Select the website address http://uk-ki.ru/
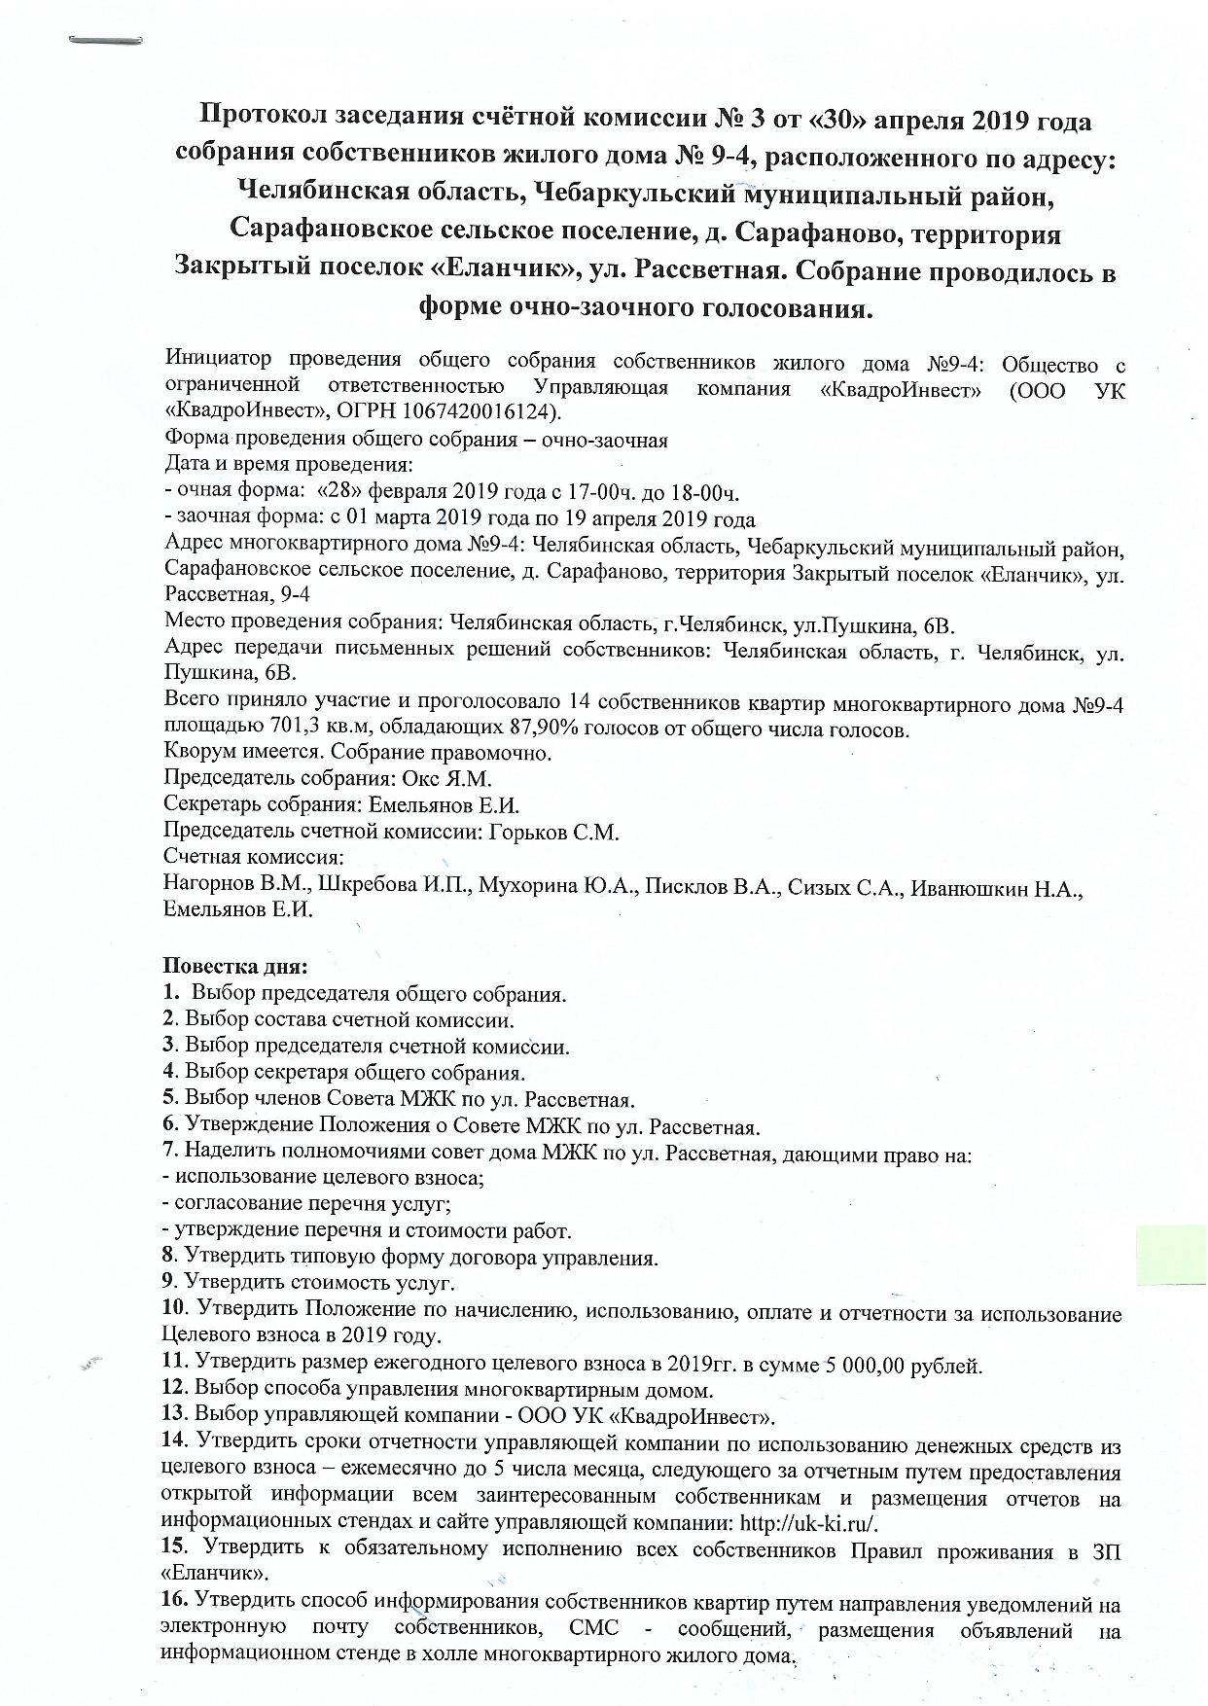click(811, 1523)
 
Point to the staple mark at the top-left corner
click(106, 41)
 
